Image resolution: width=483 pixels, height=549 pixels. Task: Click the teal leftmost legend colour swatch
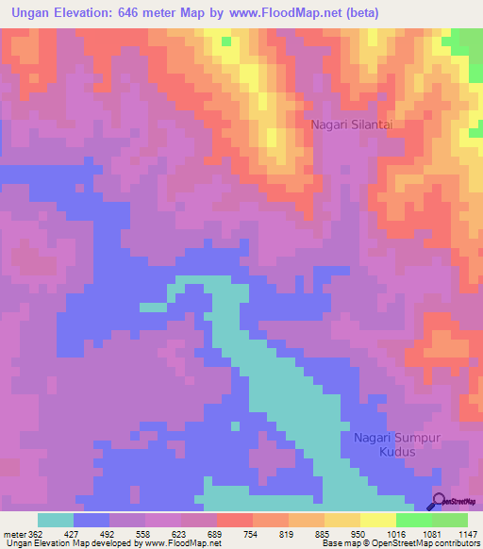click(x=56, y=520)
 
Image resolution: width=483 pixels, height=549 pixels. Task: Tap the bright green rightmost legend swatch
click(x=450, y=520)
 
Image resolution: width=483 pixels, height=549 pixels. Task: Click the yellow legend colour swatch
click(x=378, y=520)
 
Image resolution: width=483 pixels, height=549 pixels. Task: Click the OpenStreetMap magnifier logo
click(x=440, y=502)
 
